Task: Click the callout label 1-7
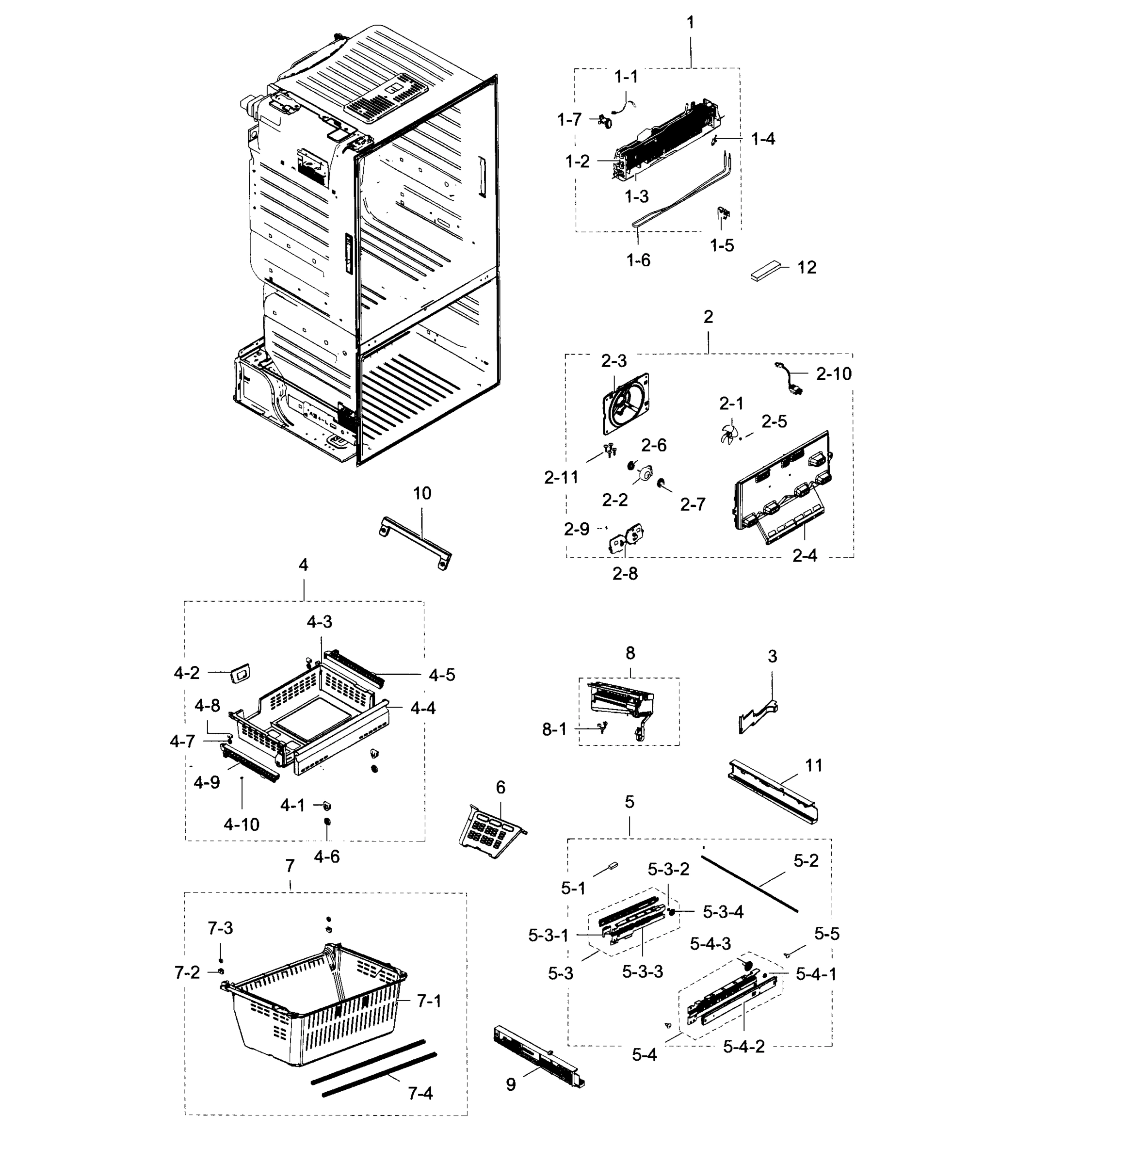coord(569,120)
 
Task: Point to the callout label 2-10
coord(834,374)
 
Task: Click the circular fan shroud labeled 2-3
coord(626,403)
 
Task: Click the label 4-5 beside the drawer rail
coord(442,675)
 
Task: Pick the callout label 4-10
coord(242,824)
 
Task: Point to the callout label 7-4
coord(420,1093)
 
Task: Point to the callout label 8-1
coord(554,729)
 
